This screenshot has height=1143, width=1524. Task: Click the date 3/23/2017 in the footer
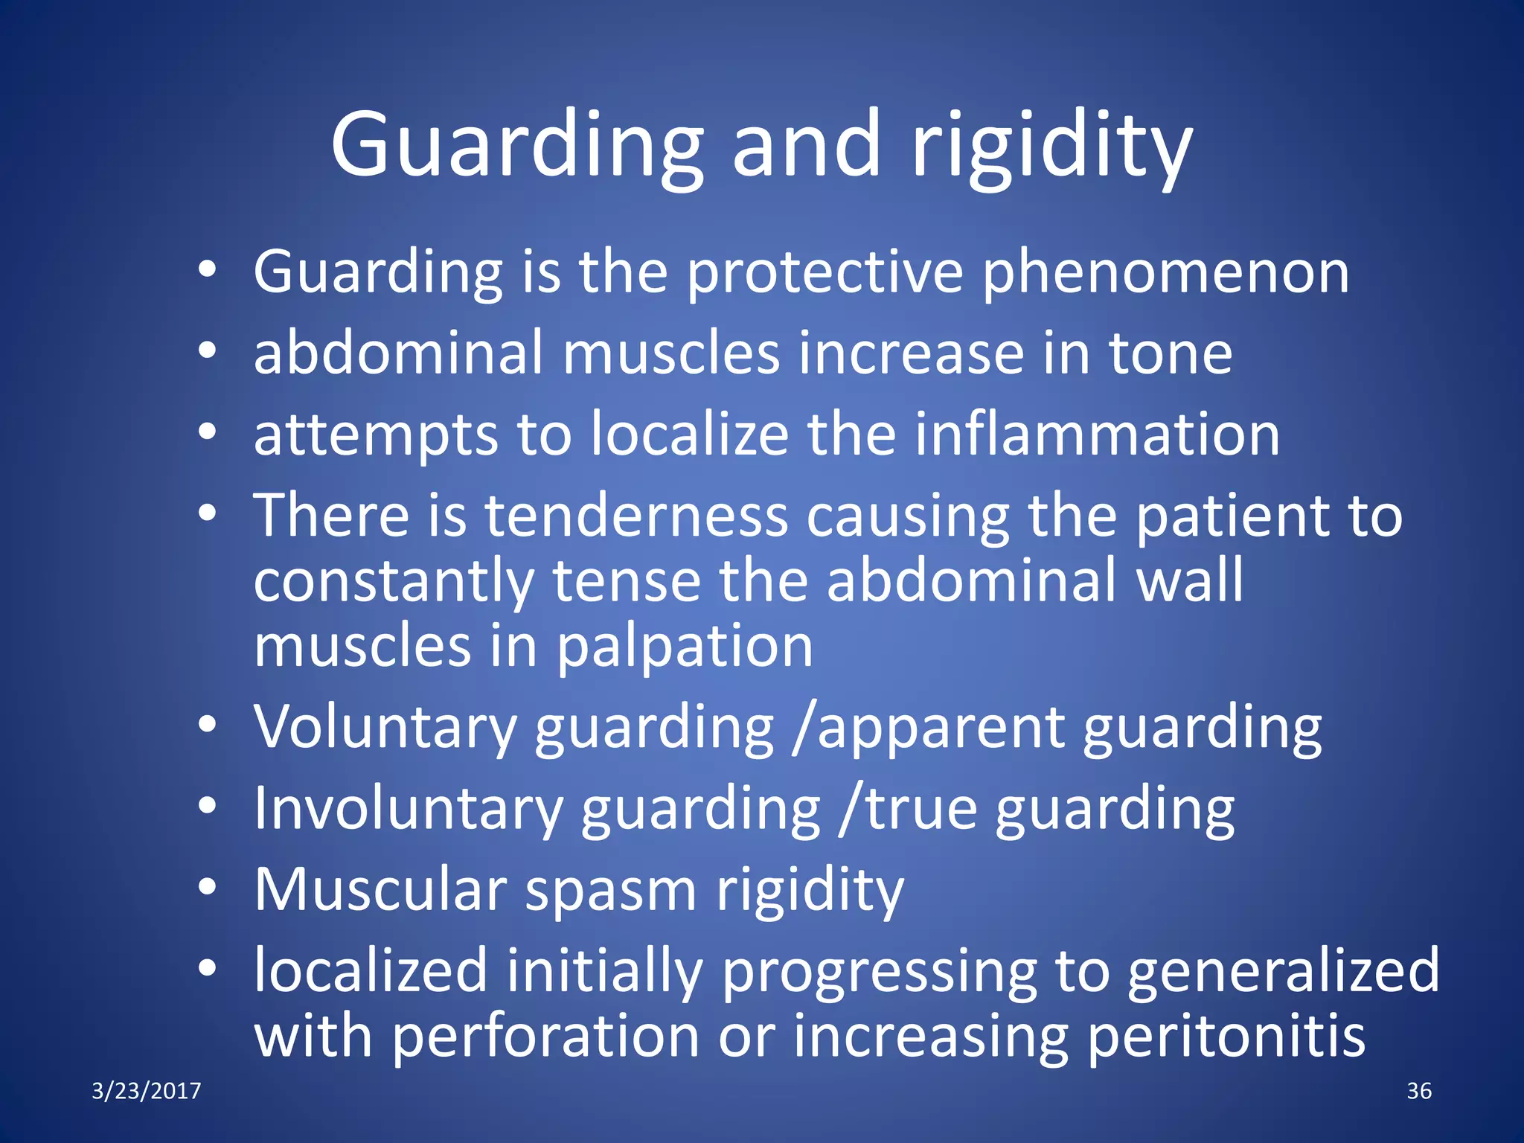[x=147, y=1091]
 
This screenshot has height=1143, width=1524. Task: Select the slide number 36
[x=1419, y=1091]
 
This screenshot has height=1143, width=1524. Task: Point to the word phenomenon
[x=1165, y=273]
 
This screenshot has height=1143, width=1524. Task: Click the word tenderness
[x=636, y=516]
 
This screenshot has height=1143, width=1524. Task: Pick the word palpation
[x=685, y=647]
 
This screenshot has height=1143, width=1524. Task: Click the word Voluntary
[x=385, y=727]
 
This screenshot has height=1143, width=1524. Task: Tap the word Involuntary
[x=408, y=809]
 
